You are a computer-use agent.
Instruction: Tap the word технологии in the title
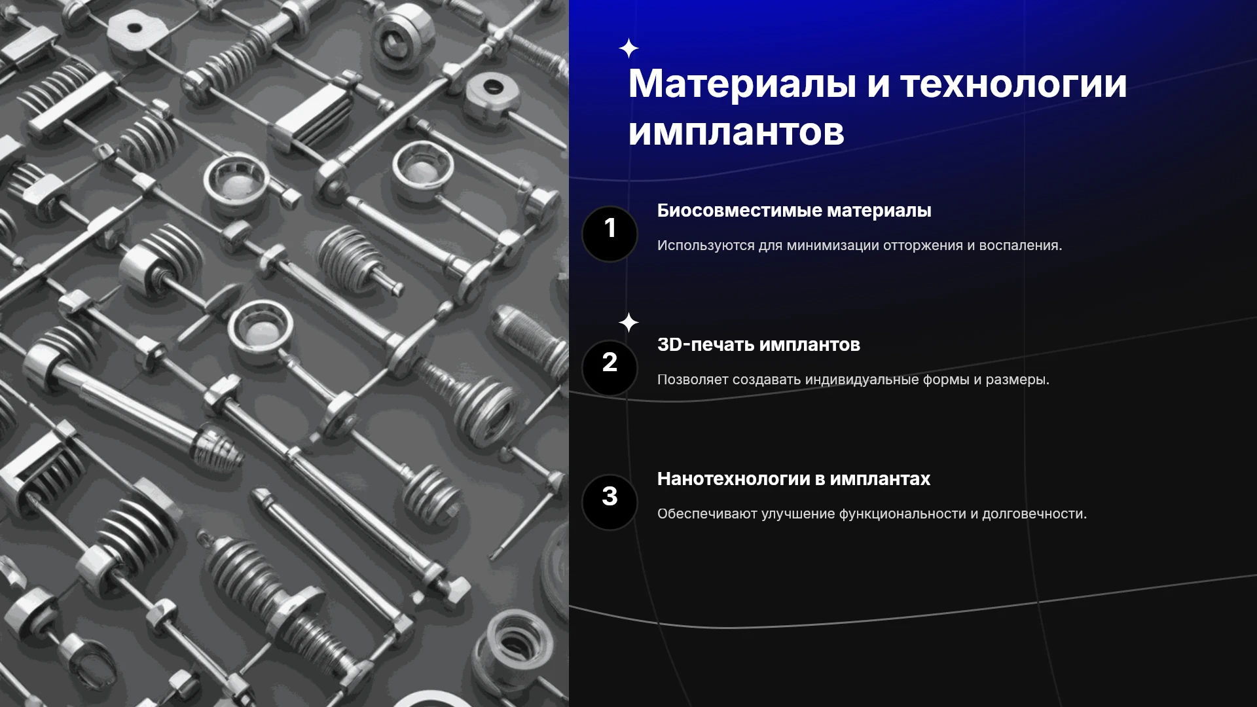click(1014, 85)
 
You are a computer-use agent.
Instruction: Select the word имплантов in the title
click(737, 132)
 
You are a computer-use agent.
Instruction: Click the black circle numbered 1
click(610, 234)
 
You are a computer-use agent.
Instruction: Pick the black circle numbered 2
click(610, 368)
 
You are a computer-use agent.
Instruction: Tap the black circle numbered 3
click(610, 502)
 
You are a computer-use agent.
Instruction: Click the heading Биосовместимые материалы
click(794, 211)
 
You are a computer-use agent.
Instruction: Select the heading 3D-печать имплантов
click(759, 344)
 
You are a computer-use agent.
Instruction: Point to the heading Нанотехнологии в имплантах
click(793, 479)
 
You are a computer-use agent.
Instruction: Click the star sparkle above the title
click(628, 48)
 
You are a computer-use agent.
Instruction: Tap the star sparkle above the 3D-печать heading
click(628, 323)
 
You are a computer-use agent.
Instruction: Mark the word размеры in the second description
click(1017, 380)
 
